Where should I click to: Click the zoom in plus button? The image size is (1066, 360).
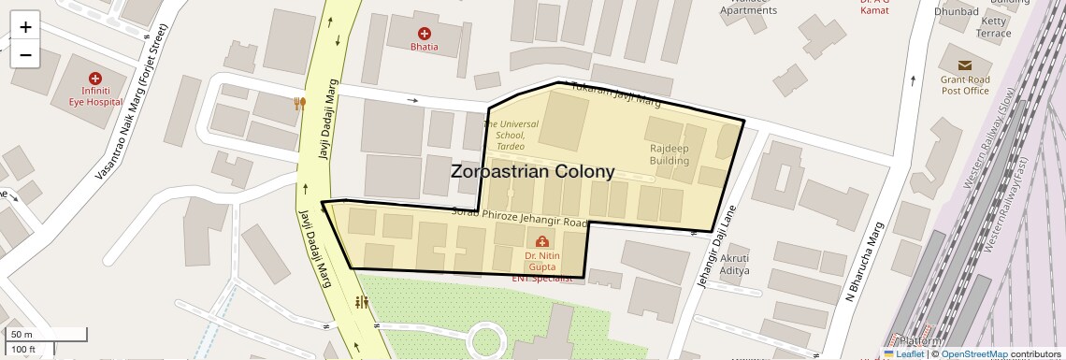[25, 27]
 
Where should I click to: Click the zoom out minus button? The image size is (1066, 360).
[25, 55]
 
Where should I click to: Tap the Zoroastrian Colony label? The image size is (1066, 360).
[532, 172]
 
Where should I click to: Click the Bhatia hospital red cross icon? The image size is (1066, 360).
[424, 34]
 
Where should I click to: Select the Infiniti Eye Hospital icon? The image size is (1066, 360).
[94, 79]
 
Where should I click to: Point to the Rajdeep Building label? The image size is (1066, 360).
[670, 153]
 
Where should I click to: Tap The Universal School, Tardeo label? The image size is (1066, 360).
[511, 136]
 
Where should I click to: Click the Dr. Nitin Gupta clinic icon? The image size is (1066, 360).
[541, 242]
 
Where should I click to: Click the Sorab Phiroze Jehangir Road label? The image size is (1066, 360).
[519, 218]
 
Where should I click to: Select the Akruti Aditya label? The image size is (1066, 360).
[734, 263]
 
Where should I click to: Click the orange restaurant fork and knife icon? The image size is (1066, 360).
[299, 104]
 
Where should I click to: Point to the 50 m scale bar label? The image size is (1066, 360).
[22, 335]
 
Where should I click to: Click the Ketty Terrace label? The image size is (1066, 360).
[993, 27]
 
